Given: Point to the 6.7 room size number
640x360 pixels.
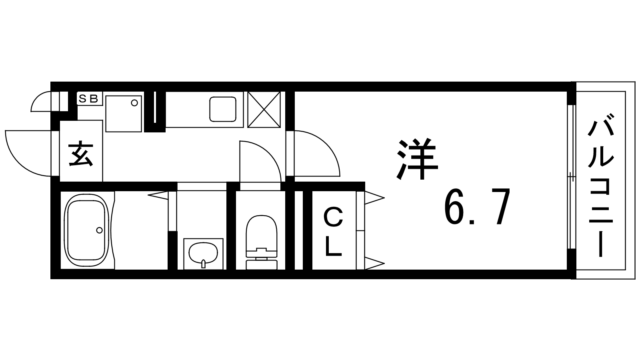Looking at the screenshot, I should tap(477, 208).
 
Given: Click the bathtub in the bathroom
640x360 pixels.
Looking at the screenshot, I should tap(87, 230).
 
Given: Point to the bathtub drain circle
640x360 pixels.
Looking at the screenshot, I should tap(99, 230).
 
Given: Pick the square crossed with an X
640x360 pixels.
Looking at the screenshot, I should tap(264, 110).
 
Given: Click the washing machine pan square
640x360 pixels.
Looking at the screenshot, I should tap(124, 114).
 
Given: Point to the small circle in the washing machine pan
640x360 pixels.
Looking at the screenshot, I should tap(134, 103).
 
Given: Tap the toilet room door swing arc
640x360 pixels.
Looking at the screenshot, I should tap(260, 160).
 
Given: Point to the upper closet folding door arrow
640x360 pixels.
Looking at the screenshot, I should tap(374, 197).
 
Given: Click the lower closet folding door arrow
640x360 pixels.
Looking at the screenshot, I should tap(374, 263).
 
